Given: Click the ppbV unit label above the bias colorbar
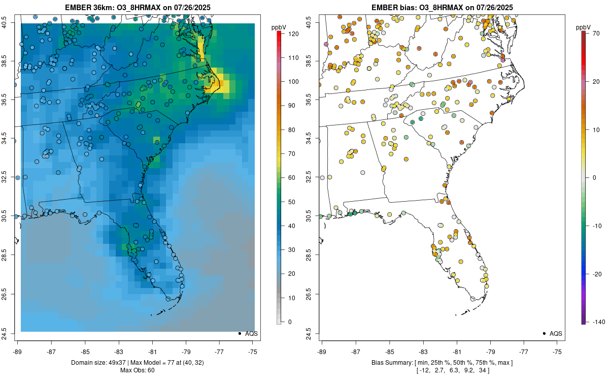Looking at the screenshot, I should point(583,27).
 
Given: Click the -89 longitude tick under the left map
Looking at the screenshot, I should point(18,351).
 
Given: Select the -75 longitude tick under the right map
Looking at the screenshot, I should point(557,351).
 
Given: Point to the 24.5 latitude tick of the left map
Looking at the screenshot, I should point(9,334).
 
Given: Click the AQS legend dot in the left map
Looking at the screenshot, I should point(239,334).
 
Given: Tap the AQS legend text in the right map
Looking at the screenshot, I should point(556,334).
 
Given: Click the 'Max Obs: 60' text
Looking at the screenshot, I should point(138,370).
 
